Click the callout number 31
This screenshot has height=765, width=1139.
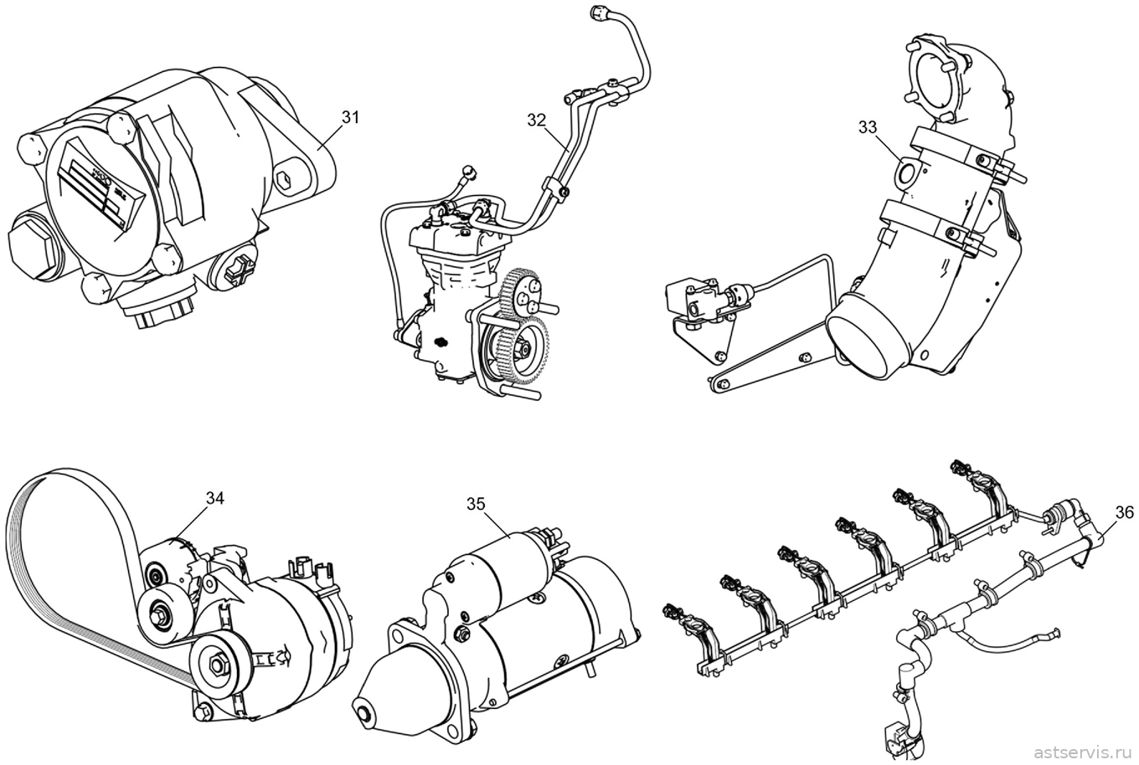(x=350, y=117)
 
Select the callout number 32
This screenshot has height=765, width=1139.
(x=536, y=120)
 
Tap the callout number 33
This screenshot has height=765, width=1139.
(x=868, y=127)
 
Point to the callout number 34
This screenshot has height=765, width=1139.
(x=214, y=499)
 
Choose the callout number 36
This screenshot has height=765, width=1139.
(x=1124, y=513)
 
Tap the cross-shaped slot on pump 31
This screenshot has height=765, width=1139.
(x=237, y=270)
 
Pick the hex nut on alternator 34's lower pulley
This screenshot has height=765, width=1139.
(x=219, y=664)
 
